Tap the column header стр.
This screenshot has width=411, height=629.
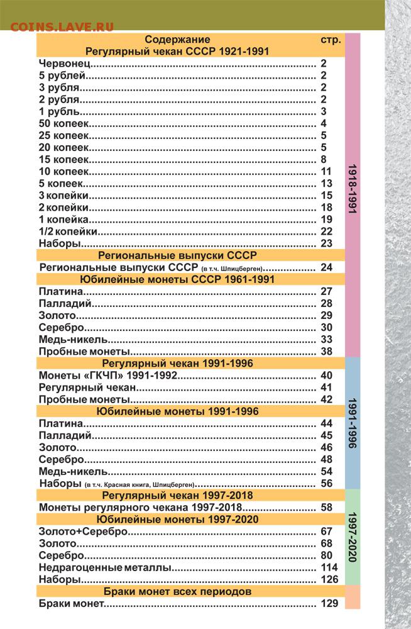click(x=331, y=40)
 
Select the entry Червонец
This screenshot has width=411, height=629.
click(x=65, y=64)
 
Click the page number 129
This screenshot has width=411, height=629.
click(x=329, y=604)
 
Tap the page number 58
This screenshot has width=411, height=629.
click(x=326, y=507)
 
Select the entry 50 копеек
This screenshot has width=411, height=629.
click(x=63, y=123)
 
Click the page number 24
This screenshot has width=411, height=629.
click(x=326, y=267)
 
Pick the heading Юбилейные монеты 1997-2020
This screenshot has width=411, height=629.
click(x=178, y=519)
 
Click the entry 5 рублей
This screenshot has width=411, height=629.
click(x=61, y=75)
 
